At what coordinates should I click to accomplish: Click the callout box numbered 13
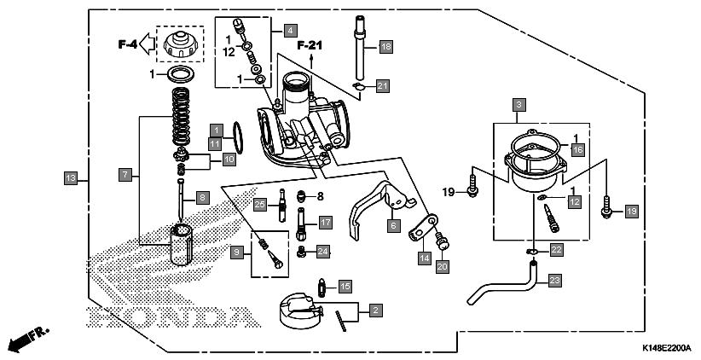click(x=71, y=178)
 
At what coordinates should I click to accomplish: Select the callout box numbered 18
click(x=386, y=47)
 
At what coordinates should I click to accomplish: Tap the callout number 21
click(x=383, y=86)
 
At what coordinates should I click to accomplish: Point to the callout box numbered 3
click(x=519, y=106)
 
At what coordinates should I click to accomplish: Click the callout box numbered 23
click(x=554, y=281)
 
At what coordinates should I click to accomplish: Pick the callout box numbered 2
click(x=376, y=310)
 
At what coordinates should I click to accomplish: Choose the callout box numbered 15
click(x=345, y=287)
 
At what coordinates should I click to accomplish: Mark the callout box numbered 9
click(x=237, y=253)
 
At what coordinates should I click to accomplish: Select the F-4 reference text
click(x=127, y=44)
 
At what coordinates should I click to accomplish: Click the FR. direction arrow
click(x=28, y=340)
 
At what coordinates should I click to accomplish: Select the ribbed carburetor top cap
click(x=180, y=44)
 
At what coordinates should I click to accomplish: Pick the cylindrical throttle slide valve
click(x=181, y=244)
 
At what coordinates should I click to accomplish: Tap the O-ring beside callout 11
click(x=238, y=137)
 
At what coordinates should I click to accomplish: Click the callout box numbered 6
click(x=393, y=225)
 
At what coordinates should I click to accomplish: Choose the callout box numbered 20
click(x=443, y=266)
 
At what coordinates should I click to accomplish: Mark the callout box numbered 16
click(x=577, y=149)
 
